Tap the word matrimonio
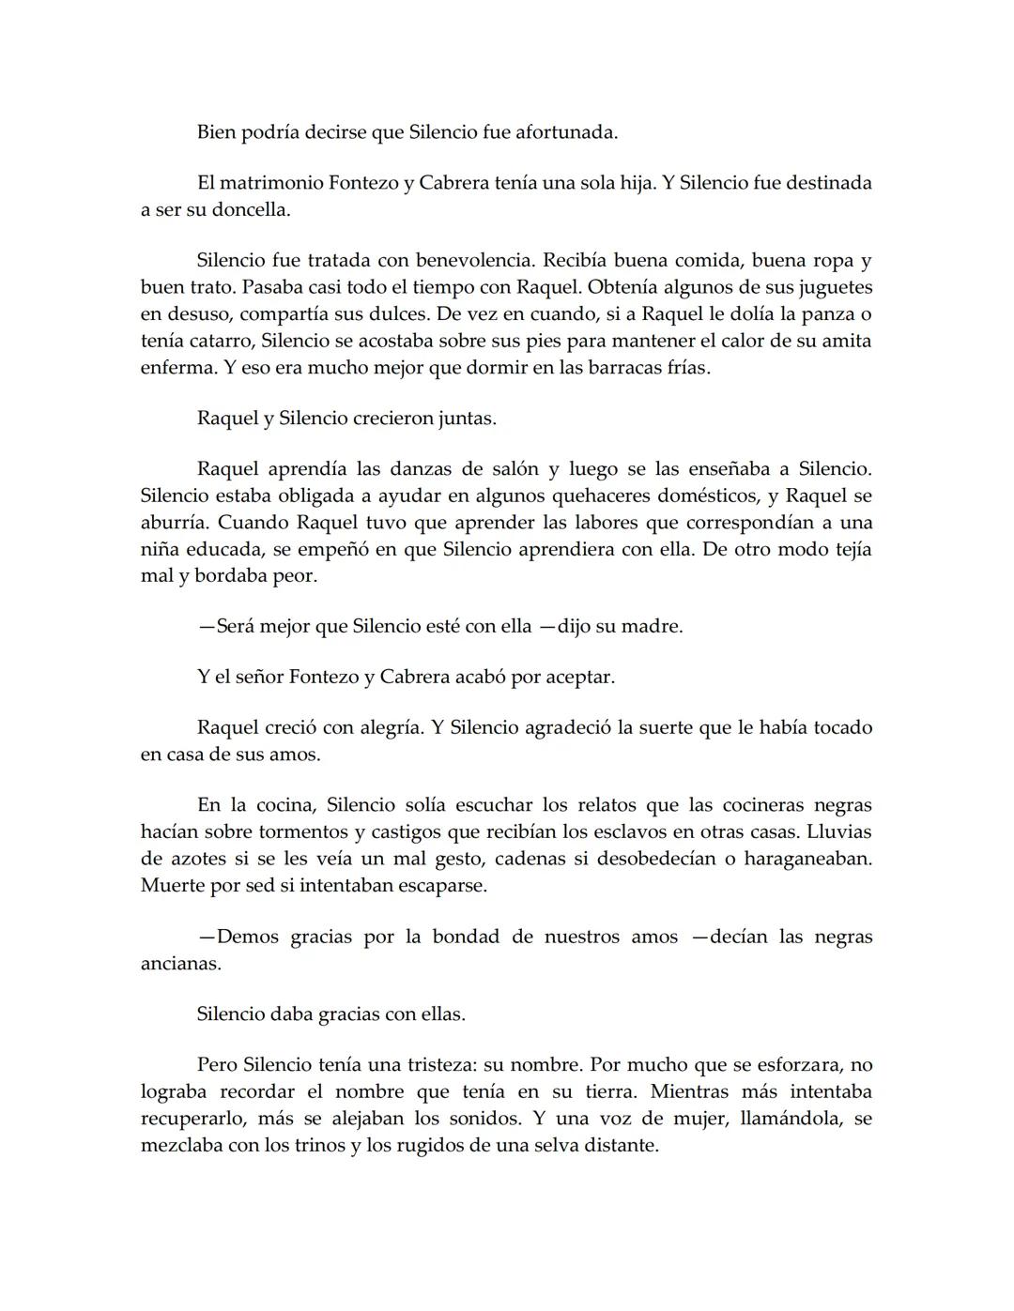(276, 183)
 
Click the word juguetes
(832, 287)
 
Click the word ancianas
(180, 964)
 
